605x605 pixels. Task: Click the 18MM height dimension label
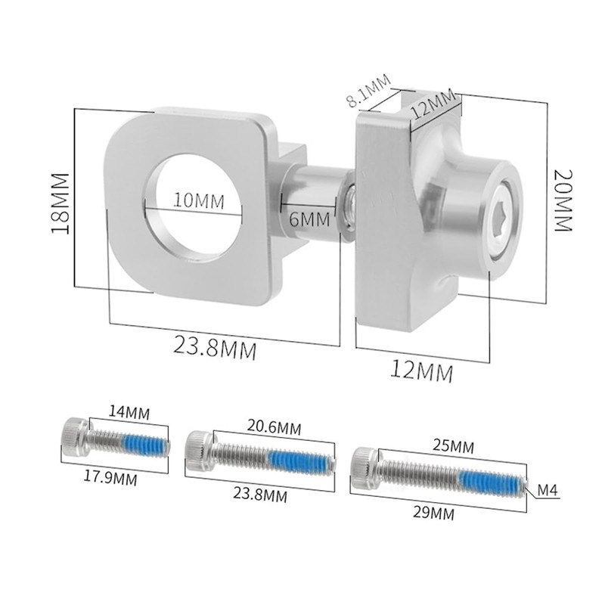click(60, 203)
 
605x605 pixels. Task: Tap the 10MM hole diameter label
click(199, 200)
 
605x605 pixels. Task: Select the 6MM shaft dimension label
click(309, 219)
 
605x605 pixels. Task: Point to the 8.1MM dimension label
click(368, 91)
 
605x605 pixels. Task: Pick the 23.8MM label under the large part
click(215, 347)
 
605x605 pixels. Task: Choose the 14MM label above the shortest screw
click(129, 412)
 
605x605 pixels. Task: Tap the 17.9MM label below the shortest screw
click(110, 479)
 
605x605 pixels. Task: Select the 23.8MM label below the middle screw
click(260, 495)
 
